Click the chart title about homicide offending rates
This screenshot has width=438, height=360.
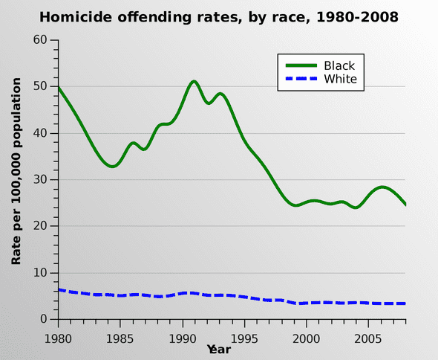point(218,16)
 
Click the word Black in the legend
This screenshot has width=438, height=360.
point(339,65)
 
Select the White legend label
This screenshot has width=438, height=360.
point(340,80)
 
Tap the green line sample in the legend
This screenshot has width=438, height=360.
point(299,65)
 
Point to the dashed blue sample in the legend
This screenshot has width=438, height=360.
point(299,80)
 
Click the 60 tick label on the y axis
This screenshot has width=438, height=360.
point(41,40)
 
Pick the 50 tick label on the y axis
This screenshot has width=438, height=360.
point(41,87)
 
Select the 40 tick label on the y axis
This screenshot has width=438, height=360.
point(41,133)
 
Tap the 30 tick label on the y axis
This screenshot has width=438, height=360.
point(41,180)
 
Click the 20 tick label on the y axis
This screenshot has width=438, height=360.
point(41,226)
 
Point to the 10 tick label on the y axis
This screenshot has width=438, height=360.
point(41,273)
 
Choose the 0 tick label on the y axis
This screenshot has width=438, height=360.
point(45,319)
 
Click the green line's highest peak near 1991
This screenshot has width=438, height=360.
point(194,81)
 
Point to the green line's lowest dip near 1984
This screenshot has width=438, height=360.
point(112,166)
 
